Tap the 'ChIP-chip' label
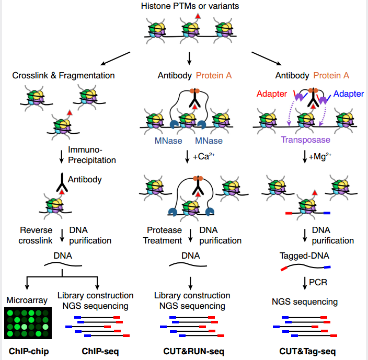[x=29, y=351]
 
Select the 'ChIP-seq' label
[x=100, y=351]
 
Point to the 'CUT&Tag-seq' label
[x=304, y=351]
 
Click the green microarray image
[x=29, y=324]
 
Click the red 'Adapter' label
[x=271, y=94]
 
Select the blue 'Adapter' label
[x=348, y=94]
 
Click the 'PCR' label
[x=318, y=283]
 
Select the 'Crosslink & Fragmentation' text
[x=63, y=76]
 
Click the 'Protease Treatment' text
[x=164, y=236]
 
